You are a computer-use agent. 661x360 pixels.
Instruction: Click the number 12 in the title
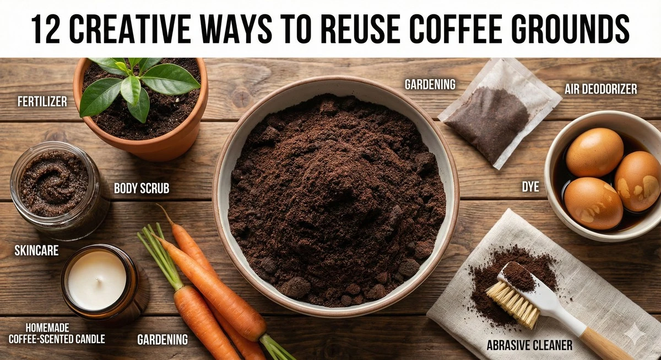(x=45, y=29)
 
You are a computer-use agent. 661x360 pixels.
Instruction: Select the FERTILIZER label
(x=42, y=102)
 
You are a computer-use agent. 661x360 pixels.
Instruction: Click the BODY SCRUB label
(x=142, y=188)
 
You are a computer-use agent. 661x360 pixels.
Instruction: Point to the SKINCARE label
(x=36, y=250)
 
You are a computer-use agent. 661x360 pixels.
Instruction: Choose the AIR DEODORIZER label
(x=601, y=89)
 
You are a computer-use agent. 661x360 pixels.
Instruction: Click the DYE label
(x=530, y=187)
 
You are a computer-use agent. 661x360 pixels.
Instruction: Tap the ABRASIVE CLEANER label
(x=529, y=345)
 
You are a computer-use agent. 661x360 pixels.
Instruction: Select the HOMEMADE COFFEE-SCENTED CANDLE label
(x=57, y=334)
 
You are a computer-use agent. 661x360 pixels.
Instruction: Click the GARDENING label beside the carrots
(x=162, y=340)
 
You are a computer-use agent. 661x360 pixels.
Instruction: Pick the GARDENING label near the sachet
(x=430, y=84)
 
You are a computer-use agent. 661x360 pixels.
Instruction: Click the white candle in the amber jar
(x=97, y=279)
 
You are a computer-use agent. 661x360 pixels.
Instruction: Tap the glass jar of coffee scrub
(x=56, y=190)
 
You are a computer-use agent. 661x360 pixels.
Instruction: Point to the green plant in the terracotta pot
(x=139, y=85)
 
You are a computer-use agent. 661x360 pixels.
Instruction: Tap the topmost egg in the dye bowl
(x=594, y=152)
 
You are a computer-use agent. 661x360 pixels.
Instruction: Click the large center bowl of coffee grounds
(x=335, y=196)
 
